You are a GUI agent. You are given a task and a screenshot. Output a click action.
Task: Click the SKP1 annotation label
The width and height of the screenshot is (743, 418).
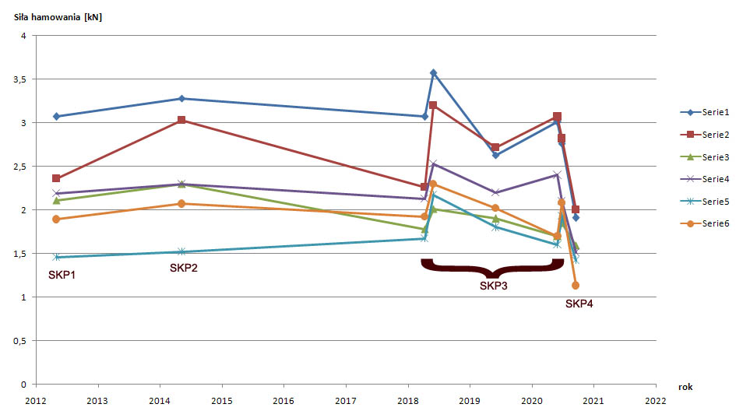click(62, 275)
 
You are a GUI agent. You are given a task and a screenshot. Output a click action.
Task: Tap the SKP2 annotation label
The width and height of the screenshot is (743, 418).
click(184, 269)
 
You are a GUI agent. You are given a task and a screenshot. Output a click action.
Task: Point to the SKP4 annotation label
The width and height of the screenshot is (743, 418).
click(579, 304)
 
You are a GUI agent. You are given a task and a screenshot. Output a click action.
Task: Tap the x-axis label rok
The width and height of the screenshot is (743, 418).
click(685, 386)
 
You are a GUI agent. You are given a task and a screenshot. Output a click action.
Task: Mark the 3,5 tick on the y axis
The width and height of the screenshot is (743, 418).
click(19, 79)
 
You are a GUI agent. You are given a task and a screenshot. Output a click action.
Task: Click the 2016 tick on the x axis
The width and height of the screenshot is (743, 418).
click(283, 401)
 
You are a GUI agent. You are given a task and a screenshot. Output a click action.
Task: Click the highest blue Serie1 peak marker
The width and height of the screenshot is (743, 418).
click(433, 73)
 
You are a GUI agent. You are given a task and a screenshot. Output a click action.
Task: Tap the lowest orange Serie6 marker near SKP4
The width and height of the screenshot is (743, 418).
click(576, 286)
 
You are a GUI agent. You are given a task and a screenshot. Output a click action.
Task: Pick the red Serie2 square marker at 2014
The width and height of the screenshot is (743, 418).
click(181, 120)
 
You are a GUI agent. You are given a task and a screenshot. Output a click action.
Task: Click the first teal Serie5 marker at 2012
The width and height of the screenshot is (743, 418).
click(56, 257)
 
